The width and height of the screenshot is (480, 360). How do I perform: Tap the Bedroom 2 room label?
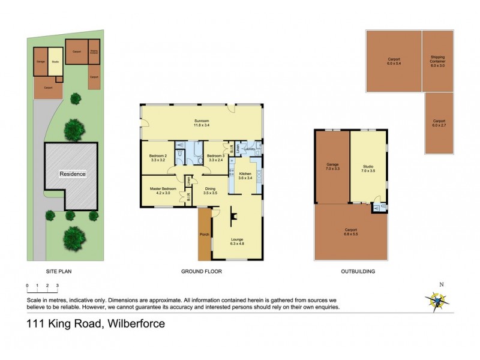159,158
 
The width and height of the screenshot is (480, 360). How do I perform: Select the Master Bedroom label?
163,191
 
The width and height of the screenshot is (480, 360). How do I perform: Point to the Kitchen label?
244,175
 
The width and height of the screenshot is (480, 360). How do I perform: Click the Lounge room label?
238,242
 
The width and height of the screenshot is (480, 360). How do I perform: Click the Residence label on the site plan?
72,174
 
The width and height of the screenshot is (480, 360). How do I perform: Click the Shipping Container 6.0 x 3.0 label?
437,61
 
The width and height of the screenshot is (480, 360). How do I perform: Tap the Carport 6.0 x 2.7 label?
439,124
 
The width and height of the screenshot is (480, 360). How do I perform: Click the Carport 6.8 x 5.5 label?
351,231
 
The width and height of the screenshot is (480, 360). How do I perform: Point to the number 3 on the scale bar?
58,286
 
